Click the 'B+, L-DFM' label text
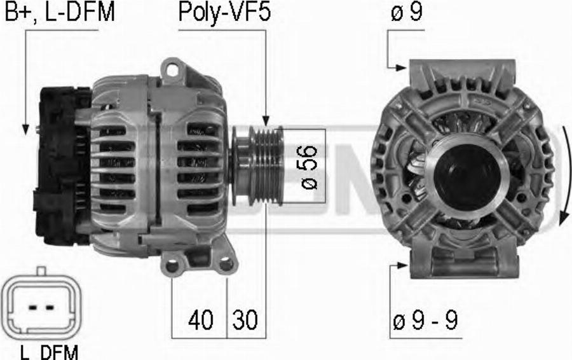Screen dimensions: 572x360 coord(60,11)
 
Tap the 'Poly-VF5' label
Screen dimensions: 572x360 coord(224,12)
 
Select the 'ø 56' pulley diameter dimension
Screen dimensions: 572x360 coord(309,167)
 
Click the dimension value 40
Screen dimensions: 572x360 coord(201,319)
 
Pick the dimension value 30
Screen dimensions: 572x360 coord(245,319)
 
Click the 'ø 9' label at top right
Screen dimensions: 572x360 coord(407,11)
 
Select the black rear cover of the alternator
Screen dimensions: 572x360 coord(62,165)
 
